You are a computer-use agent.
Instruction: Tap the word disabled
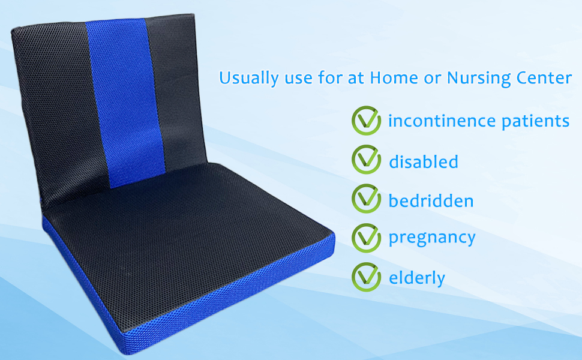point(424,161)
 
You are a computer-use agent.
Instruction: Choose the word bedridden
point(431,200)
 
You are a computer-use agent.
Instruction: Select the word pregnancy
point(432,238)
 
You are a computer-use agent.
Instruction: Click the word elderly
point(417,277)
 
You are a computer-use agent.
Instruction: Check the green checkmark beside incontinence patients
point(366,121)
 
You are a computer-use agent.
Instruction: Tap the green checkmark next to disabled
point(366,160)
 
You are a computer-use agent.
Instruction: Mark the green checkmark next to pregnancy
point(366,238)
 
